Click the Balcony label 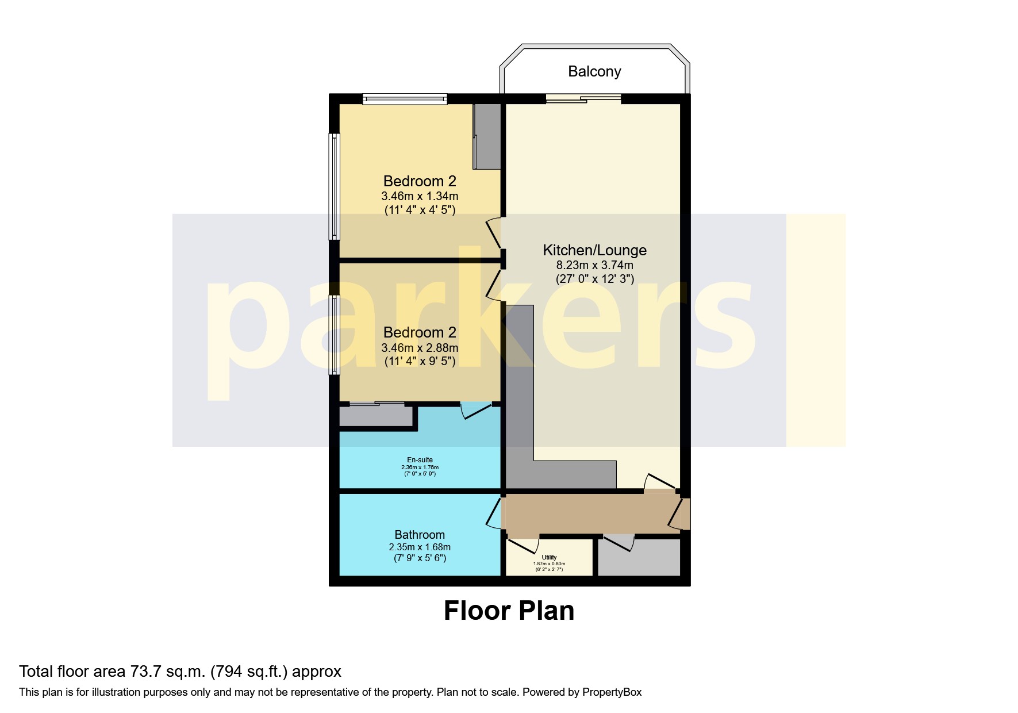click(594, 71)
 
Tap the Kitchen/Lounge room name click(594, 250)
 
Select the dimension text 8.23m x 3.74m click(594, 265)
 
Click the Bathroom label click(420, 535)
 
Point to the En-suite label click(420, 459)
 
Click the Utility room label click(549, 557)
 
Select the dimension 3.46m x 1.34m click(420, 196)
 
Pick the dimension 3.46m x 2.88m click(420, 348)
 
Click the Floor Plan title click(509, 611)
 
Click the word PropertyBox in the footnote click(612, 692)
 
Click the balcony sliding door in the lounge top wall click(583, 99)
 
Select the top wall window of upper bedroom click(405, 99)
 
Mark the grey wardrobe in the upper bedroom click(487, 136)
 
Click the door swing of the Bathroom click(493, 513)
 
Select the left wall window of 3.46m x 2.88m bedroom click(334, 335)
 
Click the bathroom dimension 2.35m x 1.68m click(420, 547)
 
